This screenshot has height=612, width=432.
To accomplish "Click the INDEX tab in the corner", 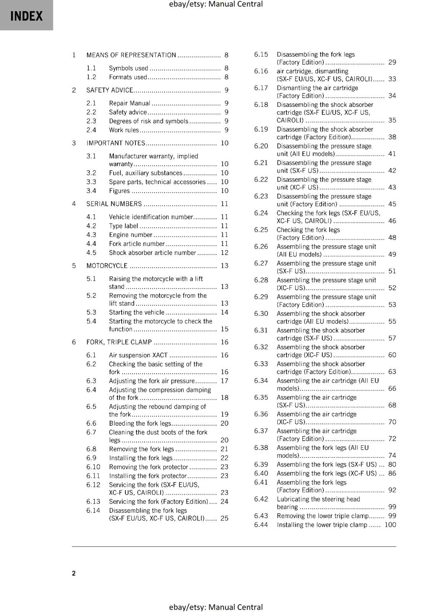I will coord(26,16).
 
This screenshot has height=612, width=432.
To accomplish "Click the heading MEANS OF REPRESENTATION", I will coord(131,55).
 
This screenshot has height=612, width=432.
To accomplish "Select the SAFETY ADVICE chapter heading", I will coord(110,90).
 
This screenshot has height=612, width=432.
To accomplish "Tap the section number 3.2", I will coord(91,173).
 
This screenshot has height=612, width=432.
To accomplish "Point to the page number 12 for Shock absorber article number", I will coord(224,253).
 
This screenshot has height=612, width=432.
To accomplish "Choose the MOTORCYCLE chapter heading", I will coord(107,266).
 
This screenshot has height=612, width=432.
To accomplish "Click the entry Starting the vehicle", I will coord(136,313).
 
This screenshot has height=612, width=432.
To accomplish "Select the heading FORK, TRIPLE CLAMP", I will coord(119,342).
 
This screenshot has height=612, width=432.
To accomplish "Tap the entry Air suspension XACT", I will coord(138,355).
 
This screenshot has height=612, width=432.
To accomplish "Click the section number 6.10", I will coord(93,467).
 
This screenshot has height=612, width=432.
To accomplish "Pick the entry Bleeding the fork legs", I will coord(140,423).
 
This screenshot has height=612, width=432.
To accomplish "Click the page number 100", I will coord(390,525).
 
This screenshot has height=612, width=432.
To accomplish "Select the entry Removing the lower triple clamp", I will coord(323,516).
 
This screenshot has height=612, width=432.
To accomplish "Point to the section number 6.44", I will coord(261,525).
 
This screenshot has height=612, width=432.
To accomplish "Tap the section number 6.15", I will coord(261,54).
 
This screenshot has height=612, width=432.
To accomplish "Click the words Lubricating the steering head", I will coord(318,499).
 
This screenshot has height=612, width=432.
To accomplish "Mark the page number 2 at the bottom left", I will coord(74,573).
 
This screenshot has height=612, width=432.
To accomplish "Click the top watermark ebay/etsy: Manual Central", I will coord(216,4).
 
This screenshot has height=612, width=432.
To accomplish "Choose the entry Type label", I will coord(123,226).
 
